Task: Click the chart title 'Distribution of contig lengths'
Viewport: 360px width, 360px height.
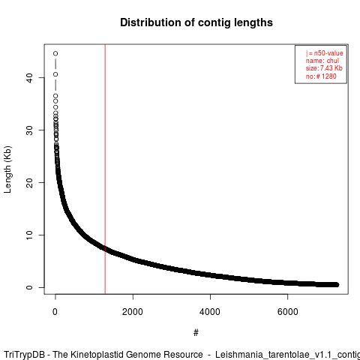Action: coord(196,22)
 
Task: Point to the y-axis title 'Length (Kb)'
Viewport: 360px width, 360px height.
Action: coord(7,169)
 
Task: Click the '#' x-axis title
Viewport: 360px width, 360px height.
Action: coord(196,332)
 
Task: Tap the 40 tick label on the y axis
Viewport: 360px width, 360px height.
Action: coord(29,77)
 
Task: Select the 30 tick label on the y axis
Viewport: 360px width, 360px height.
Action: coord(29,130)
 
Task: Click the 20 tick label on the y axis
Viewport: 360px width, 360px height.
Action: coord(29,182)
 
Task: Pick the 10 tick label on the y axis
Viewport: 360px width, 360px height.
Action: coord(29,235)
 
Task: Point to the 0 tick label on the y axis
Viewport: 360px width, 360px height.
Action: coord(29,287)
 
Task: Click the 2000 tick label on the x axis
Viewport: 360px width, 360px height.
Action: coord(133,312)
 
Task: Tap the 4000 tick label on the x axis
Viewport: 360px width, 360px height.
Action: coord(210,312)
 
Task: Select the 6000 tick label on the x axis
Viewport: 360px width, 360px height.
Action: coord(288,312)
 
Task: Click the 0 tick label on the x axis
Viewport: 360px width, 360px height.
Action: coord(55,312)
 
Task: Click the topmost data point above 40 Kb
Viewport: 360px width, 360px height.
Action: coord(55,53)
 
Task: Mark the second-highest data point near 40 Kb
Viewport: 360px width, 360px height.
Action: coord(55,74)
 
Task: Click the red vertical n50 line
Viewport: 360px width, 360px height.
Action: coord(105,169)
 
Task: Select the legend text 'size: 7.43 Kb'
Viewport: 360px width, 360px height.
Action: coord(324,68)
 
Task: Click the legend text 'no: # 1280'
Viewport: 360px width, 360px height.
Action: coord(321,76)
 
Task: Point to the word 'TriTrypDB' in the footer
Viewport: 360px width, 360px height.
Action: coord(25,355)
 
